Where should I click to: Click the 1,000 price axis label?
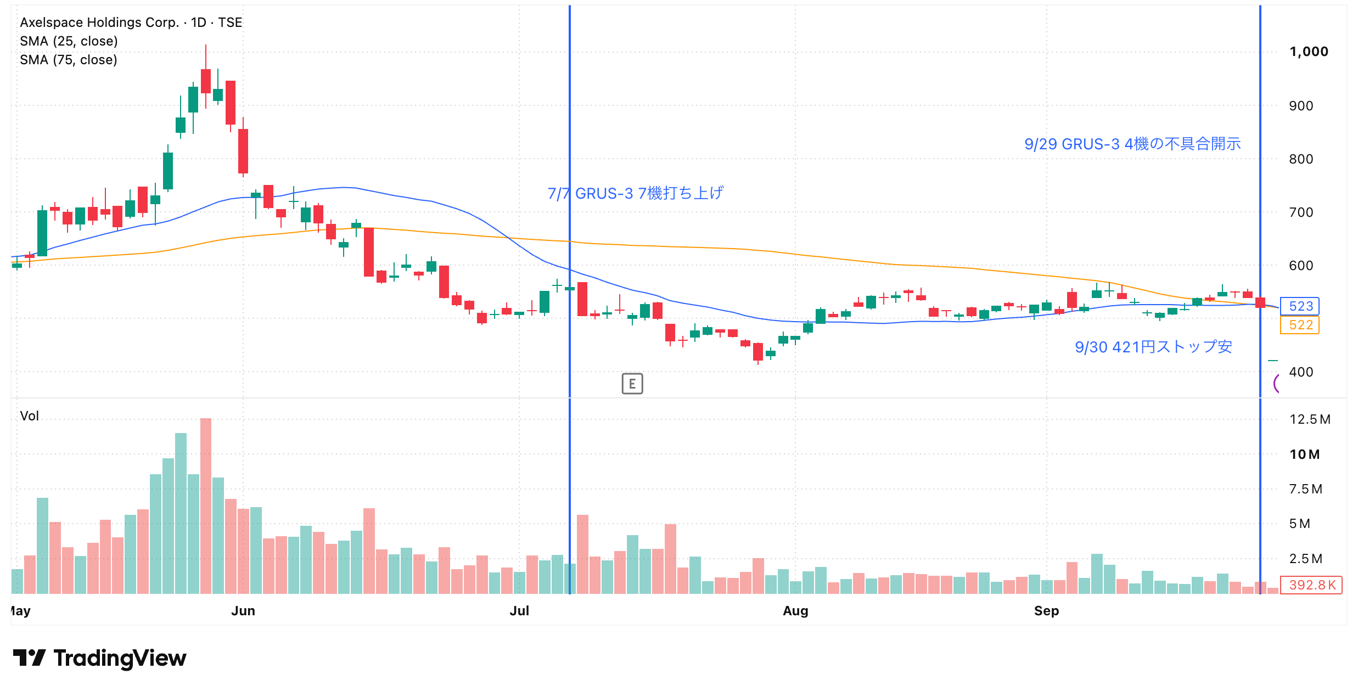[x=1309, y=52]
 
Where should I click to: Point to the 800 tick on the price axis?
[x=1301, y=159]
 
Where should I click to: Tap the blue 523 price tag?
[x=1300, y=306]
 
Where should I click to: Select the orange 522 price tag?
[x=1300, y=325]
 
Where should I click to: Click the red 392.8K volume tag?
[x=1311, y=585]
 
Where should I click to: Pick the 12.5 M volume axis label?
[x=1310, y=419]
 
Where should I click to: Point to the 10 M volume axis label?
[x=1304, y=454]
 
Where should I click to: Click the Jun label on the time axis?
[x=243, y=611]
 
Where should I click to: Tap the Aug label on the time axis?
[x=795, y=611]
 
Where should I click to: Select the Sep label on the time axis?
[x=1046, y=611]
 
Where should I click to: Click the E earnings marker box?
[x=632, y=384]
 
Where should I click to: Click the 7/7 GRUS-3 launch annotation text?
[x=636, y=193]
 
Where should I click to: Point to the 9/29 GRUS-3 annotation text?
[x=1132, y=144]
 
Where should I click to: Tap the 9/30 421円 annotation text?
[x=1153, y=347]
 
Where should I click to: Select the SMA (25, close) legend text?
[x=69, y=41]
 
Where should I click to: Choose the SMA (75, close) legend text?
[x=69, y=60]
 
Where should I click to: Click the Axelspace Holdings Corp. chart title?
[x=99, y=23]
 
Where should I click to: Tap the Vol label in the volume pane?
[x=29, y=416]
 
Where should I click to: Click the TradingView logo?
[x=99, y=658]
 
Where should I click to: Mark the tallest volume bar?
[x=206, y=505]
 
